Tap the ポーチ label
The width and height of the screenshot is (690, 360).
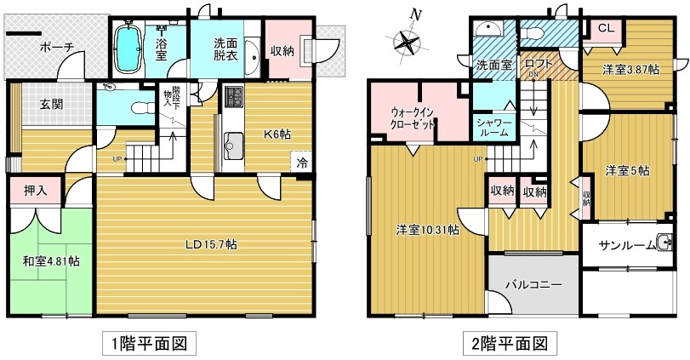click(58, 48)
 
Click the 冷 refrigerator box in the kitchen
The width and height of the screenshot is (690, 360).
click(302, 161)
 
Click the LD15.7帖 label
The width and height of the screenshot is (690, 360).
click(212, 245)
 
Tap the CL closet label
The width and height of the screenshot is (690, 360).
click(606, 28)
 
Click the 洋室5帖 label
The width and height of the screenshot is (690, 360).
click(627, 169)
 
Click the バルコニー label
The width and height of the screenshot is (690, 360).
click(533, 284)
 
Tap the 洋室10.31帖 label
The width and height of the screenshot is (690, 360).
click(428, 230)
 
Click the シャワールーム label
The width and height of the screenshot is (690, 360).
click(493, 128)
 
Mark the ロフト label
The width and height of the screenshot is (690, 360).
click(539, 64)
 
